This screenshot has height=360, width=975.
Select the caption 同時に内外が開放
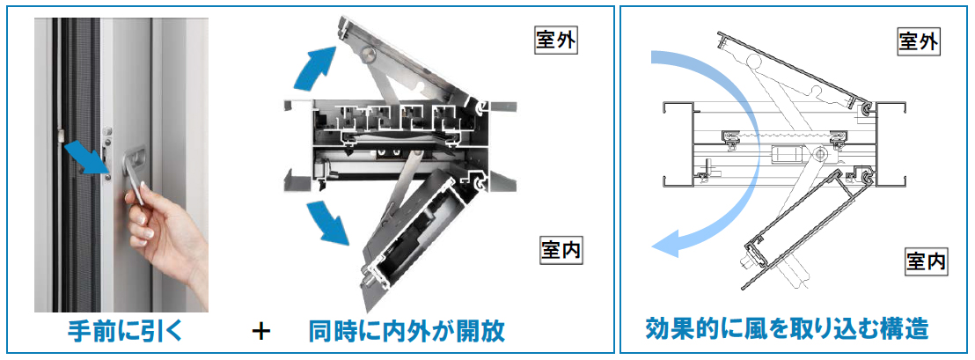point(407,330)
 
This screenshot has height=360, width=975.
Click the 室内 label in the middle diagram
point(560,251)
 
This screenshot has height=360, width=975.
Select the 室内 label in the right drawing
point(927,261)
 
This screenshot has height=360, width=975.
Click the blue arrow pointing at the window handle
point(88,158)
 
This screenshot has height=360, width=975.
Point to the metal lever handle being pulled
point(134,178)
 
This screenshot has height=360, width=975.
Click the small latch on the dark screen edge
point(61,134)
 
